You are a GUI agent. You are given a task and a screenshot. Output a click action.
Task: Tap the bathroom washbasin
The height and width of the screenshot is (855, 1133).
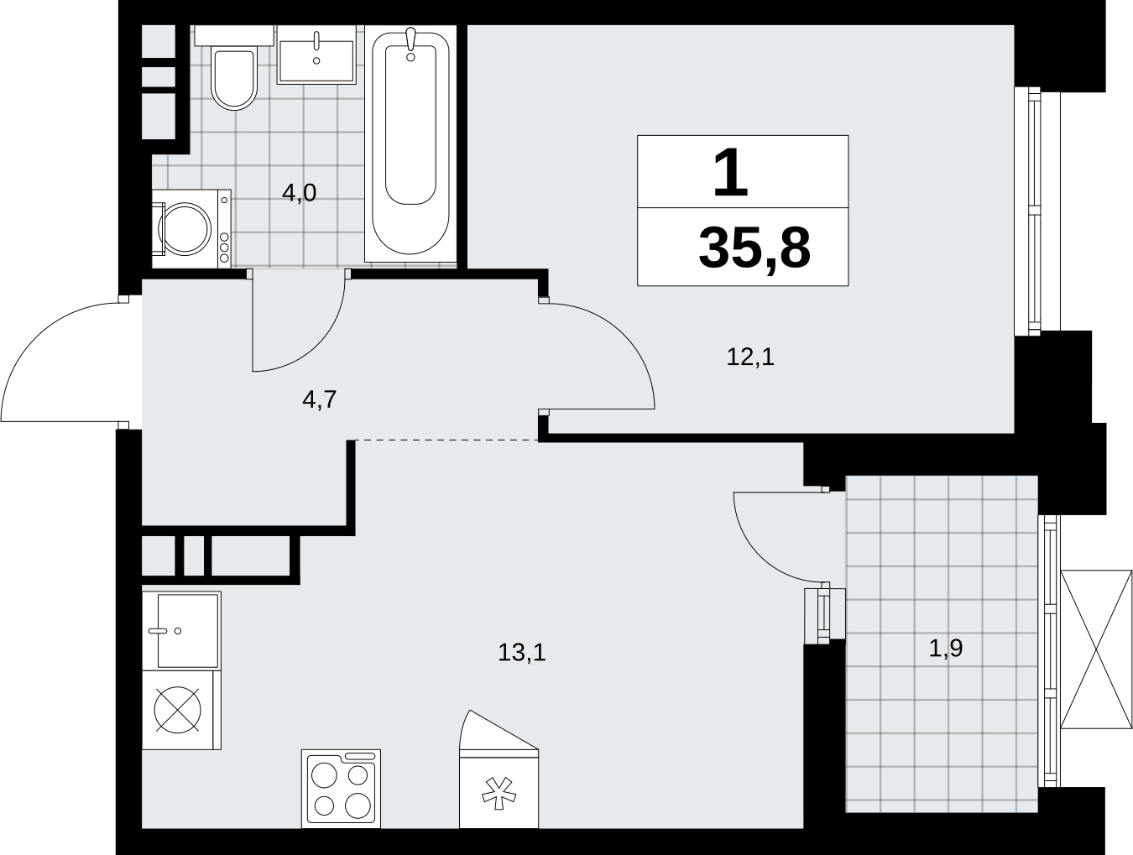316,56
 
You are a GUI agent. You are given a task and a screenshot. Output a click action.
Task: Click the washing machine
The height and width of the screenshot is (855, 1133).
191,228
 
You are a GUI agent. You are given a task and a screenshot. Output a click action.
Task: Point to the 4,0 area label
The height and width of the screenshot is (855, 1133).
299,193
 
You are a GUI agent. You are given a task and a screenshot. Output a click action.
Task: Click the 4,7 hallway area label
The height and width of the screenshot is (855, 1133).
320,399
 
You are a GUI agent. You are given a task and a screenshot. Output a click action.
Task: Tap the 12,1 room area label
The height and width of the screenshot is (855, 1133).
750,357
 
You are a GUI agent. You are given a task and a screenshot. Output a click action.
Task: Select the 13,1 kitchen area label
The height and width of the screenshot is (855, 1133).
522,653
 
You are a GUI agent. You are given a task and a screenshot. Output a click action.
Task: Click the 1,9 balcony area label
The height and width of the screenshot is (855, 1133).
946,648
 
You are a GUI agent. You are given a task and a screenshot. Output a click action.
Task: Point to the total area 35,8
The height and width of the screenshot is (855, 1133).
754,249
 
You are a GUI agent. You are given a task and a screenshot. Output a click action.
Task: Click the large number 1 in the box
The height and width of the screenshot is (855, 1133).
730,173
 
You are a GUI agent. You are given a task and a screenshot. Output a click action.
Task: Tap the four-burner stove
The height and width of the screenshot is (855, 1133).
342,789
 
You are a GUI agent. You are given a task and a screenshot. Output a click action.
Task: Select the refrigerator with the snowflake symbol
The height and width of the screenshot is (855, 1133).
499,769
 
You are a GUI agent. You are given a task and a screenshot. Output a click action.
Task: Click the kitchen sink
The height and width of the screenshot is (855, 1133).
181,630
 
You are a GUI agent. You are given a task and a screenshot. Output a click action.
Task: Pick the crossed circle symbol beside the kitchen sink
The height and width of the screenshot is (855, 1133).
178,710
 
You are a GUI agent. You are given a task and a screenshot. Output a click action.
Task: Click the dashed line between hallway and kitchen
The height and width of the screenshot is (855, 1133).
447,441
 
